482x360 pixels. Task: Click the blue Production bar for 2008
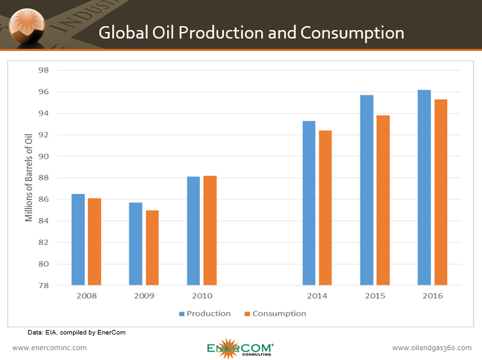pyautogui.click(x=78, y=240)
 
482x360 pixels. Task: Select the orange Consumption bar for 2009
pyautogui.click(x=152, y=248)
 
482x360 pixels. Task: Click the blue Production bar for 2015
pyautogui.click(x=366, y=190)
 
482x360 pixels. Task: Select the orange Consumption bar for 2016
pyautogui.click(x=441, y=192)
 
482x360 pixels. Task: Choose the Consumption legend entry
pyautogui.click(x=275, y=314)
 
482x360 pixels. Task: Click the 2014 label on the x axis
pyautogui.click(x=317, y=296)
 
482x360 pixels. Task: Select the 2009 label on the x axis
pyautogui.click(x=144, y=296)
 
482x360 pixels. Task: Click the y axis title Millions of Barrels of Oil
pyautogui.click(x=29, y=178)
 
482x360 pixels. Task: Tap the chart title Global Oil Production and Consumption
pyautogui.click(x=251, y=33)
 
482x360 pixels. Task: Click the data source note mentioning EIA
pyautogui.click(x=76, y=333)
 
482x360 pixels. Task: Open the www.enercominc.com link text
pyautogui.click(x=50, y=348)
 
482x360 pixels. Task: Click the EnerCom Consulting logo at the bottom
pyautogui.click(x=240, y=348)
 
